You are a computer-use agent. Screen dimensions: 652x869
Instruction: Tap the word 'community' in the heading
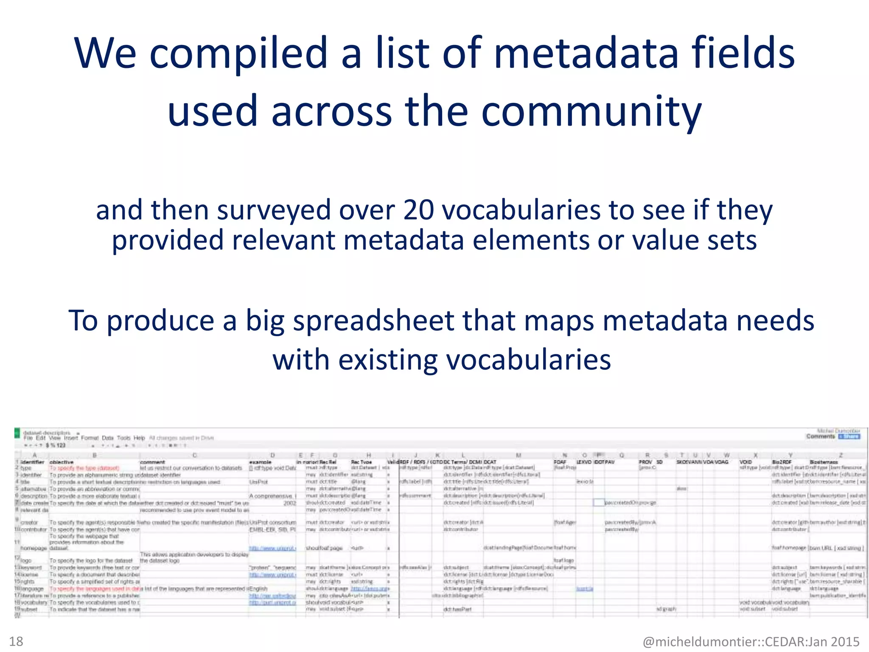pyautogui.click(x=591, y=111)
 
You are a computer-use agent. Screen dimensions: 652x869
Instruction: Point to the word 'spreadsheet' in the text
pyautogui.click(x=373, y=320)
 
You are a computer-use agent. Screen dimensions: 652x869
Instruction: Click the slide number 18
pyautogui.click(x=16, y=641)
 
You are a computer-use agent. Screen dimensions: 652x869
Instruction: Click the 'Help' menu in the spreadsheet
pyautogui.click(x=139, y=438)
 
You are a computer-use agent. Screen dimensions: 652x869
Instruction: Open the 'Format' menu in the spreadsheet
pyautogui.click(x=90, y=438)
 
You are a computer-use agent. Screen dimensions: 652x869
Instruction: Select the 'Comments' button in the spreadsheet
pyautogui.click(x=821, y=436)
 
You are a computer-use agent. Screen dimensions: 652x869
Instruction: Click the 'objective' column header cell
pyautogui.click(x=62, y=462)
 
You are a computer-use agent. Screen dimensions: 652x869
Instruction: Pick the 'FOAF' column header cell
pyautogui.click(x=560, y=462)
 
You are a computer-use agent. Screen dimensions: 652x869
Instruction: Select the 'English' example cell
pyautogui.click(x=258, y=589)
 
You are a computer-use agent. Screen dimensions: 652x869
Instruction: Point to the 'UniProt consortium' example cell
pyautogui.click(x=273, y=523)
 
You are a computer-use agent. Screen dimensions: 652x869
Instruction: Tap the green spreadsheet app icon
pyautogui.click(x=17, y=433)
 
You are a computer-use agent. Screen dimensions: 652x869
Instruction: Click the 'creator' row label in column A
pyautogui.click(x=29, y=523)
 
